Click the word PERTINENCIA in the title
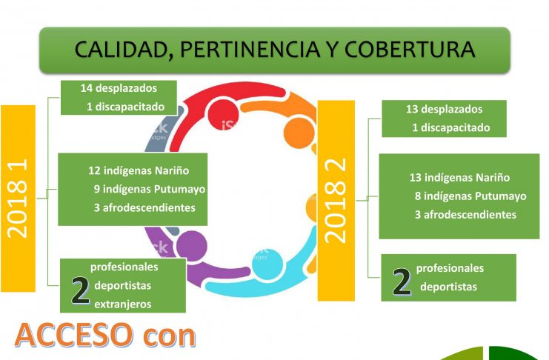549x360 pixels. point(250,49)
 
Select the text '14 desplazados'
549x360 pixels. point(119,88)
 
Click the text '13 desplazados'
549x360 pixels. point(444,110)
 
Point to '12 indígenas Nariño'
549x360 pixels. point(139,170)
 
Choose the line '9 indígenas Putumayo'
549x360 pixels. point(150,189)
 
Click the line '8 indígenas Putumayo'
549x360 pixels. point(470,196)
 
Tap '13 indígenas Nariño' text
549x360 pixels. point(459,177)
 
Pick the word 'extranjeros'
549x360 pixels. point(123,304)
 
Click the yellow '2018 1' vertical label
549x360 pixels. point(18,199)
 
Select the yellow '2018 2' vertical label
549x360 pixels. point(336,201)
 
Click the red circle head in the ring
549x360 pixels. point(224,115)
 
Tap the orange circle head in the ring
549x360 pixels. point(299,133)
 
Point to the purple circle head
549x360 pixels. point(191,246)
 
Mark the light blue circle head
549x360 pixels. point(267,264)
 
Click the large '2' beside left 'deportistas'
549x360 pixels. point(80,290)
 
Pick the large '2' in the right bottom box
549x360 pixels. point(402,282)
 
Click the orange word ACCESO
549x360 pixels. point(74,335)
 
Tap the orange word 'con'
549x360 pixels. point(169,337)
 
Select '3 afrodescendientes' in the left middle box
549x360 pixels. point(144,207)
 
